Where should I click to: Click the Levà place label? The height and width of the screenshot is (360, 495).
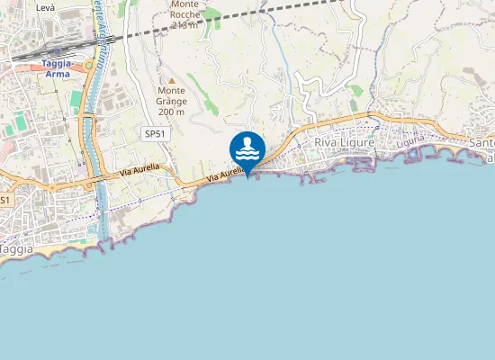pyautogui.click(x=46, y=7)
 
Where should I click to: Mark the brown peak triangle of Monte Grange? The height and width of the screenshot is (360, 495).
pyautogui.click(x=171, y=81)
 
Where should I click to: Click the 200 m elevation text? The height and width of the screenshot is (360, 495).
pyautogui.click(x=171, y=112)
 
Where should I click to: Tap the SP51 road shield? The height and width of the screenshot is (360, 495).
pyautogui.click(x=155, y=134)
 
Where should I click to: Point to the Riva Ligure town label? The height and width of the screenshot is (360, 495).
pyautogui.click(x=343, y=143)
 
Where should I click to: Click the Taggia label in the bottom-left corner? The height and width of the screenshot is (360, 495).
pyautogui.click(x=17, y=248)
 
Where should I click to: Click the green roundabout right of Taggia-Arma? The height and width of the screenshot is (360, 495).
pyautogui.click(x=88, y=65)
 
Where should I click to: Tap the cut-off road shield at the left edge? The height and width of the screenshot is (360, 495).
pyautogui.click(x=4, y=200)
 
